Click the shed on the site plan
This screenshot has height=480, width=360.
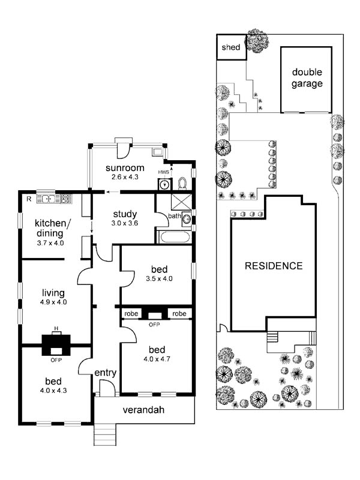pos(232,47)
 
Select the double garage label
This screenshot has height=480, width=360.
pos(307,78)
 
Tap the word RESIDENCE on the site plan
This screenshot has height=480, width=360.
pos(274,266)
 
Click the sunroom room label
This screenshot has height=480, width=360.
pos(125,168)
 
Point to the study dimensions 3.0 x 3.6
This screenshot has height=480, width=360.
pos(125,223)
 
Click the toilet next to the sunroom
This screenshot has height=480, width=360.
pos(182,184)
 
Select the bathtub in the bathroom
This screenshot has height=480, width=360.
pos(175,237)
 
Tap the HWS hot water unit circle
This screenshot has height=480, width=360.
pos(165,185)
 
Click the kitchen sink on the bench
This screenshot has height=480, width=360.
pos(49,199)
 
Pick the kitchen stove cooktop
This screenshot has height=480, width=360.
pos(67,199)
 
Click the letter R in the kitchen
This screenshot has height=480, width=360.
pos(29,199)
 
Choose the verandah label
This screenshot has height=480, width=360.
pos(143,410)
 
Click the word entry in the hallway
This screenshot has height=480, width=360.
pos(106,373)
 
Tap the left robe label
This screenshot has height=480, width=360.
pos(131,313)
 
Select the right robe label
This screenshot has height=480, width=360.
pos(179,313)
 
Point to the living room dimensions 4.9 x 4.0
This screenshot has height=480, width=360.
pos(53,302)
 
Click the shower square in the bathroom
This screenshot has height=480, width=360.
pos(181,202)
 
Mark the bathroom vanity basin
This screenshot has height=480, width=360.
pos(187,218)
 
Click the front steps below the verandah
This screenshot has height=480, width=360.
pos(105,434)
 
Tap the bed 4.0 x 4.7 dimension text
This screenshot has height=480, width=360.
pos(157,359)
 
